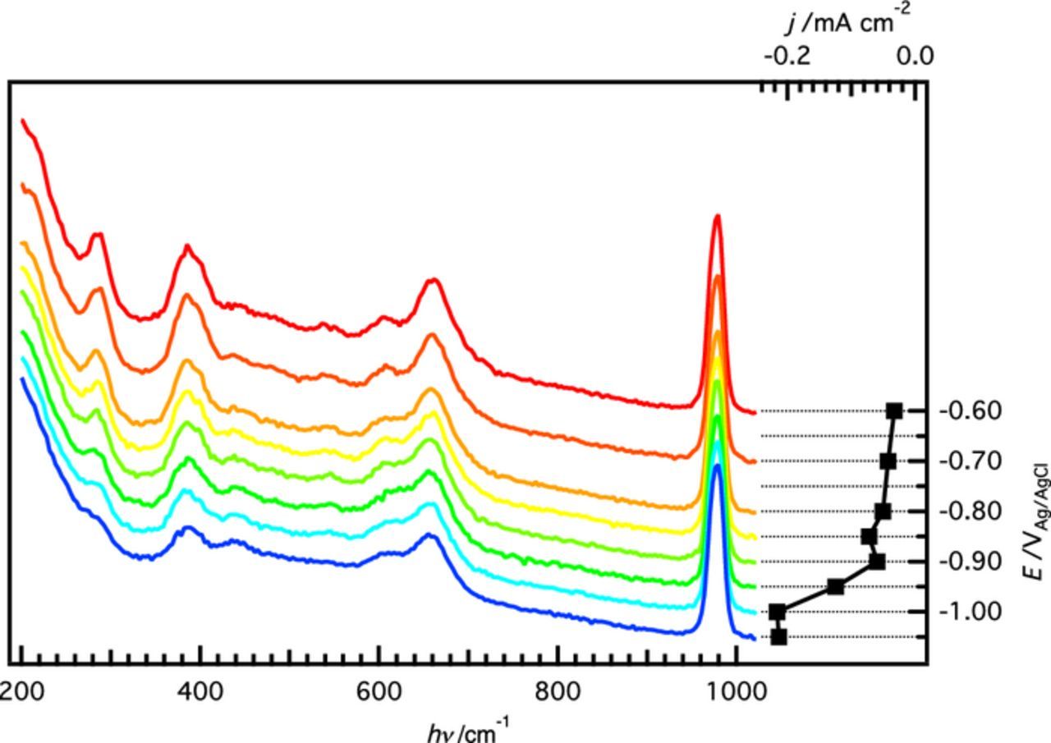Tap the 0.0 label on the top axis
click(x=914, y=56)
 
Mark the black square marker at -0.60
click(x=894, y=410)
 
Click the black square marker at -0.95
click(x=836, y=586)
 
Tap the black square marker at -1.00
click(x=777, y=612)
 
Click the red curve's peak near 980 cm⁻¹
click(x=718, y=216)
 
